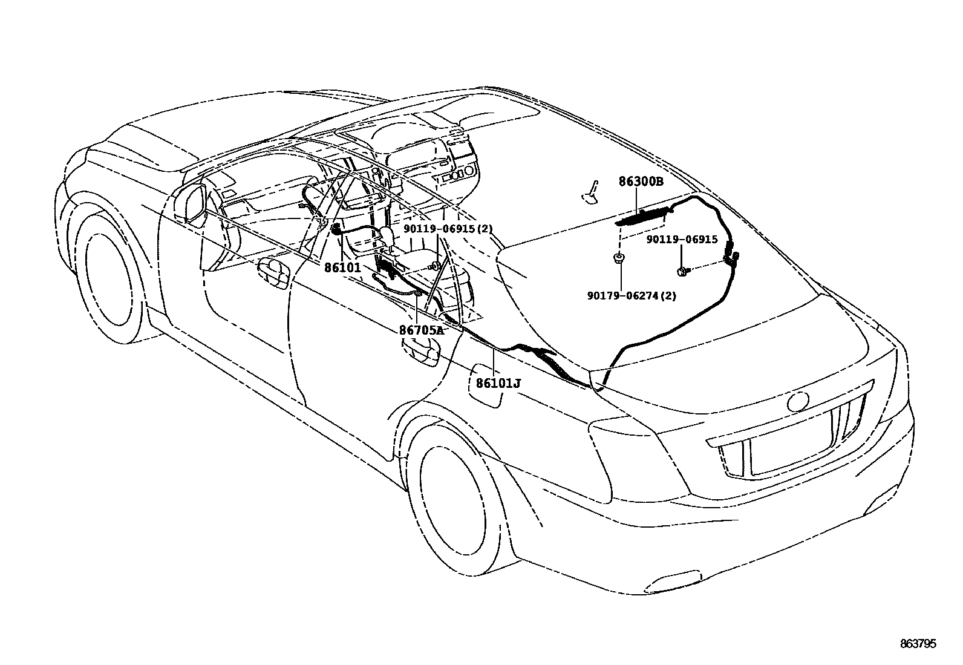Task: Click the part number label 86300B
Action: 641,181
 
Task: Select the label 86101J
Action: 498,383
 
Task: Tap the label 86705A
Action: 422,330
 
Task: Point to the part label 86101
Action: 342,267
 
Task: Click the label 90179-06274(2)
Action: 632,296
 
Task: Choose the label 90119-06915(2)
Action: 448,229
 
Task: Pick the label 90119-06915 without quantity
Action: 682,240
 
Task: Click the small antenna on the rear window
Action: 591,189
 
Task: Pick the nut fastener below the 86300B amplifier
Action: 620,258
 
